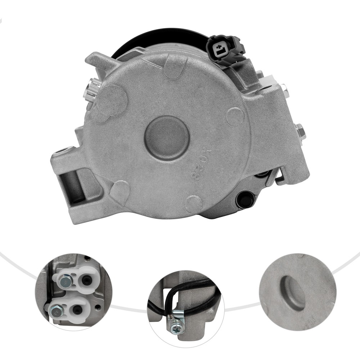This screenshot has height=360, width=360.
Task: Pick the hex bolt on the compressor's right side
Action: (x=300, y=131)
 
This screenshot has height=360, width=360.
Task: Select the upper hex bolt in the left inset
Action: (x=66, y=279)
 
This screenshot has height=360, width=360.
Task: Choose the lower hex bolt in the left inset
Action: (x=57, y=309)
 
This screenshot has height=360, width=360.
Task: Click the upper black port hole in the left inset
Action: (x=86, y=279)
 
